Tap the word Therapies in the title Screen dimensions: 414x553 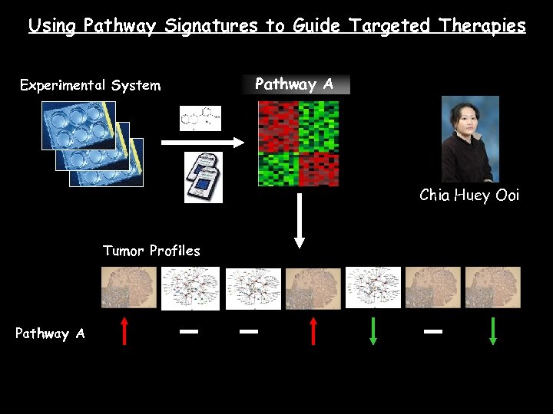482,26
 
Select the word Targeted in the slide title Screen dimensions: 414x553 390,26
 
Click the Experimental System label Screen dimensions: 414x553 90,85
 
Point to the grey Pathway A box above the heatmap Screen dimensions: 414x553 295,84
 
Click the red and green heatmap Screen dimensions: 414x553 298,143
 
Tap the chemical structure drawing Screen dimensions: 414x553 200,118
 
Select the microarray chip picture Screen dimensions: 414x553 204,177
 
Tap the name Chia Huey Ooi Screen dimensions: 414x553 469,195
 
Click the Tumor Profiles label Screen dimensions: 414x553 151,251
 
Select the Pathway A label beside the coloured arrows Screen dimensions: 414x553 50,333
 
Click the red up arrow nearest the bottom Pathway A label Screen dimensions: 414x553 124,331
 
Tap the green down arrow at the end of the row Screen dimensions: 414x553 493,331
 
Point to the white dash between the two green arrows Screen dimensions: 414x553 433,331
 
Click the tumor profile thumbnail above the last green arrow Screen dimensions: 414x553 493,287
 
